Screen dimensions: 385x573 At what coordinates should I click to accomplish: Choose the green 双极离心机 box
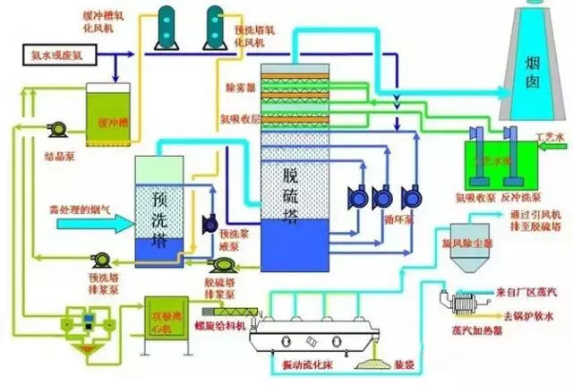pos(166,318)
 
